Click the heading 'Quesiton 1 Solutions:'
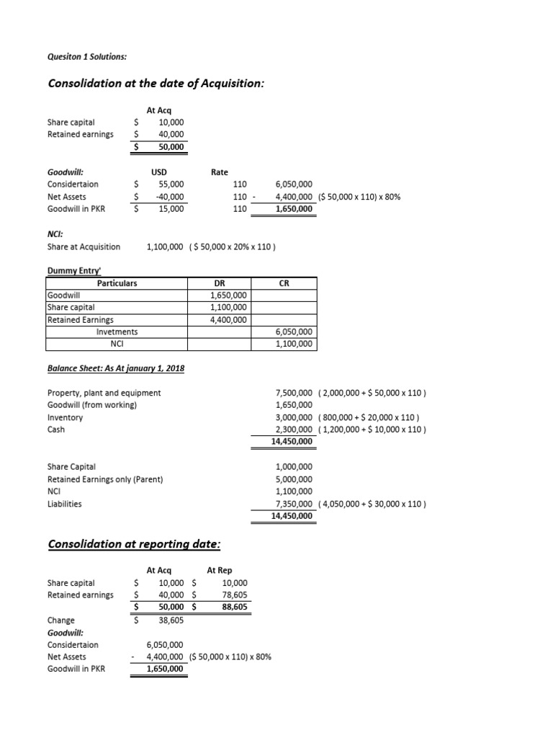coord(86,57)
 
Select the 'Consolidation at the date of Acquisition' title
coord(156,84)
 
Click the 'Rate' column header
coord(220,172)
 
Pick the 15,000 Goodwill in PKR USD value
coord(171,209)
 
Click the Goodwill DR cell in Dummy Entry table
coord(228,295)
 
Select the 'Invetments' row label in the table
coord(117,332)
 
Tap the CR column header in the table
coord(284,283)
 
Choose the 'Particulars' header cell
coord(117,283)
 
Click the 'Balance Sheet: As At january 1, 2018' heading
coord(116,369)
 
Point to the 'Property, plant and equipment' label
coord(104,393)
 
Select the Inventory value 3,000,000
coord(295,417)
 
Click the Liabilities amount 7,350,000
coord(295,504)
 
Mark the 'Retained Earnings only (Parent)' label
coord(105,479)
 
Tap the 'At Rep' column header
coord(219,570)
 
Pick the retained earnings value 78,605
coord(235,595)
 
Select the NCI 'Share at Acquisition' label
coord(84,246)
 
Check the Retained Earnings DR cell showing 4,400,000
coord(228,319)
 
